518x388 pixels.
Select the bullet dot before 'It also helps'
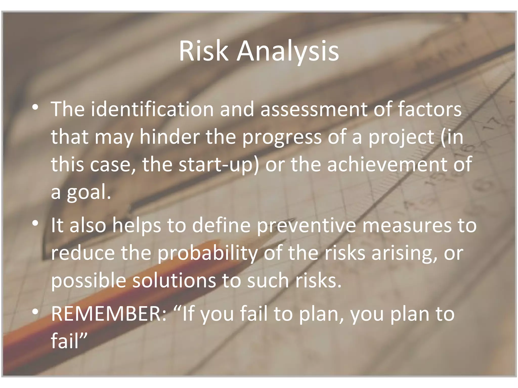click(x=35, y=223)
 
